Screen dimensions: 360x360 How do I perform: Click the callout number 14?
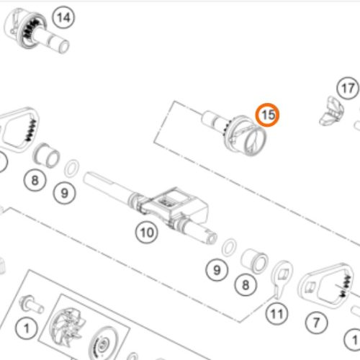tap(63, 18)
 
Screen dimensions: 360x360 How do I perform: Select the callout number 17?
tap(348, 89)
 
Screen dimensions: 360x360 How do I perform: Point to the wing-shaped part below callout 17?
tap(331, 111)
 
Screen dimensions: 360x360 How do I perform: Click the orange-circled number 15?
tap(267, 115)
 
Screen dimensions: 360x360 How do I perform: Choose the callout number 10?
tap(147, 233)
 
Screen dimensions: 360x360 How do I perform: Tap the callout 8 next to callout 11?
tap(246, 285)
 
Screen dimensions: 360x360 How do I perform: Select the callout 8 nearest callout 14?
tap(35, 180)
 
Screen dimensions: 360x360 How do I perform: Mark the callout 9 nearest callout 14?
tap(65, 193)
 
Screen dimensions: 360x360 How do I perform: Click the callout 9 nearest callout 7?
tap(217, 270)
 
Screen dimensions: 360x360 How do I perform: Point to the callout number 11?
tap(276, 314)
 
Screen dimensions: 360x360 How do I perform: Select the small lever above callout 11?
tap(282, 279)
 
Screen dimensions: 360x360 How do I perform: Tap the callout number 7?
tap(317, 323)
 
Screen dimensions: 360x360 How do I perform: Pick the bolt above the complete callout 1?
tap(31, 305)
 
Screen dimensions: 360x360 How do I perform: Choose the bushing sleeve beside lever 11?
tap(255, 261)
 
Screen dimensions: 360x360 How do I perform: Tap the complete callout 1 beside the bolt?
tap(26, 328)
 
